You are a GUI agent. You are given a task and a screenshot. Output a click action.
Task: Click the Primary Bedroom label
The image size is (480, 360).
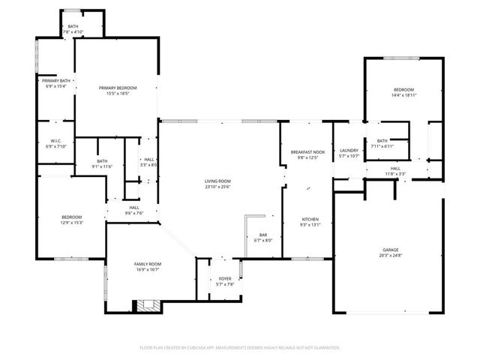point(117,88)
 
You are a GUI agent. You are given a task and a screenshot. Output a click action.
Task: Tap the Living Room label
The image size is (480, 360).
point(217,181)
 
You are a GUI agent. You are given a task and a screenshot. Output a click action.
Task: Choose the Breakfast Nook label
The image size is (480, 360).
point(307,152)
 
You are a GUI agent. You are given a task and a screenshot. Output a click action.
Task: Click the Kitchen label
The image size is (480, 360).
point(310,219)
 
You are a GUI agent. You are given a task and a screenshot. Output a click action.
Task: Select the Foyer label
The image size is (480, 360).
point(225,278)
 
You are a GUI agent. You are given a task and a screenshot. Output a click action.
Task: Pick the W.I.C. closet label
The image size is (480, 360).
point(56,140)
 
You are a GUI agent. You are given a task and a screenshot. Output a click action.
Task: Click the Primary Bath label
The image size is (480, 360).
point(56,80)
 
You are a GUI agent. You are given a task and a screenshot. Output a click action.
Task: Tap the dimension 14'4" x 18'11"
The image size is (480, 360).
point(403,95)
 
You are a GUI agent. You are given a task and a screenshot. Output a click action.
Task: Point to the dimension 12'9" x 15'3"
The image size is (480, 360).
point(72,223)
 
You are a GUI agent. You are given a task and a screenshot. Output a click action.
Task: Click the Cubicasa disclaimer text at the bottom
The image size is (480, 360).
point(240,347)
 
